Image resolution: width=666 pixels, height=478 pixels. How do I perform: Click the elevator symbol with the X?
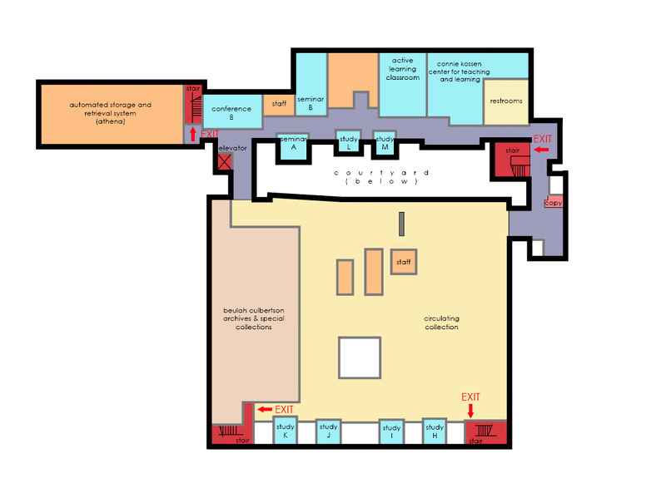tap(225, 161)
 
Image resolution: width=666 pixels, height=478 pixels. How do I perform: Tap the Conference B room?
tap(232, 111)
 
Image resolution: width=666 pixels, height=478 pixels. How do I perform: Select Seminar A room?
tap(293, 147)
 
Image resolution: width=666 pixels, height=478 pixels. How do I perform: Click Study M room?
tap(385, 144)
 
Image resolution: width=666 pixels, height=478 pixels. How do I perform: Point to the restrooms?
tap(506, 101)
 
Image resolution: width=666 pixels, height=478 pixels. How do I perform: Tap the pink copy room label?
tap(554, 202)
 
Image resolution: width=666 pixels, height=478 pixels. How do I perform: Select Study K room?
tap(285, 431)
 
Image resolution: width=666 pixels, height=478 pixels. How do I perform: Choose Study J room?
tap(328, 431)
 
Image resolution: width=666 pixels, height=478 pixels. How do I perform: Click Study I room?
tap(391, 432)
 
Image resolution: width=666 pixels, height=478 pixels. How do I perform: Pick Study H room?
tap(434, 431)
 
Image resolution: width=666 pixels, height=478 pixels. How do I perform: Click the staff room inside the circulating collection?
tap(404, 262)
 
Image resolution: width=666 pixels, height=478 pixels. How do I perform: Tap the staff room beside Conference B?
tap(279, 105)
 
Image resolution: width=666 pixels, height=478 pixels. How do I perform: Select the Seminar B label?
tap(311, 103)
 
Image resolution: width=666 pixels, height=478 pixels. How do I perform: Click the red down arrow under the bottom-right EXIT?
tap(470, 411)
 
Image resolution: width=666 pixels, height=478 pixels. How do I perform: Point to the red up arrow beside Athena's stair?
tap(193, 134)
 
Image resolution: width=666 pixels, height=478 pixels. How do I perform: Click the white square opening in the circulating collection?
tap(360, 357)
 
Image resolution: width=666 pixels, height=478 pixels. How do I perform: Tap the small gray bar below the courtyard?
tap(401, 224)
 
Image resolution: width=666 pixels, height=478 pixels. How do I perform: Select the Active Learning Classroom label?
tap(403, 69)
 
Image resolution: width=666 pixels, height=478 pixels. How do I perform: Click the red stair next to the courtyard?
tap(511, 160)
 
